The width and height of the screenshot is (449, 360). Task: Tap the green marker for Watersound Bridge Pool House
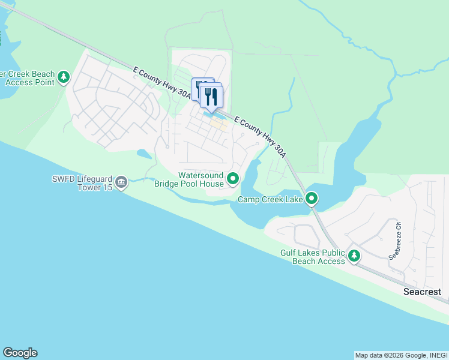click(x=233, y=178)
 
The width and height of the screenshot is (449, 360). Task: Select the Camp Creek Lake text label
click(x=270, y=199)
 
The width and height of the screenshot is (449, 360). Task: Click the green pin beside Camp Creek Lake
click(x=312, y=198)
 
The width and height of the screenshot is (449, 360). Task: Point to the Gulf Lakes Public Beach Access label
click(x=313, y=257)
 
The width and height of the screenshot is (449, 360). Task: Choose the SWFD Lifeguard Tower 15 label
click(x=81, y=182)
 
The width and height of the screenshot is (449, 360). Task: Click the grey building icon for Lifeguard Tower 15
click(x=121, y=182)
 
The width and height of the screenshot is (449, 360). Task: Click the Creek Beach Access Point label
click(x=27, y=78)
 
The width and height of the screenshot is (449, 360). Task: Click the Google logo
click(x=20, y=353)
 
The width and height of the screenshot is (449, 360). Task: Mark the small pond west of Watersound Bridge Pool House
click(x=144, y=154)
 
